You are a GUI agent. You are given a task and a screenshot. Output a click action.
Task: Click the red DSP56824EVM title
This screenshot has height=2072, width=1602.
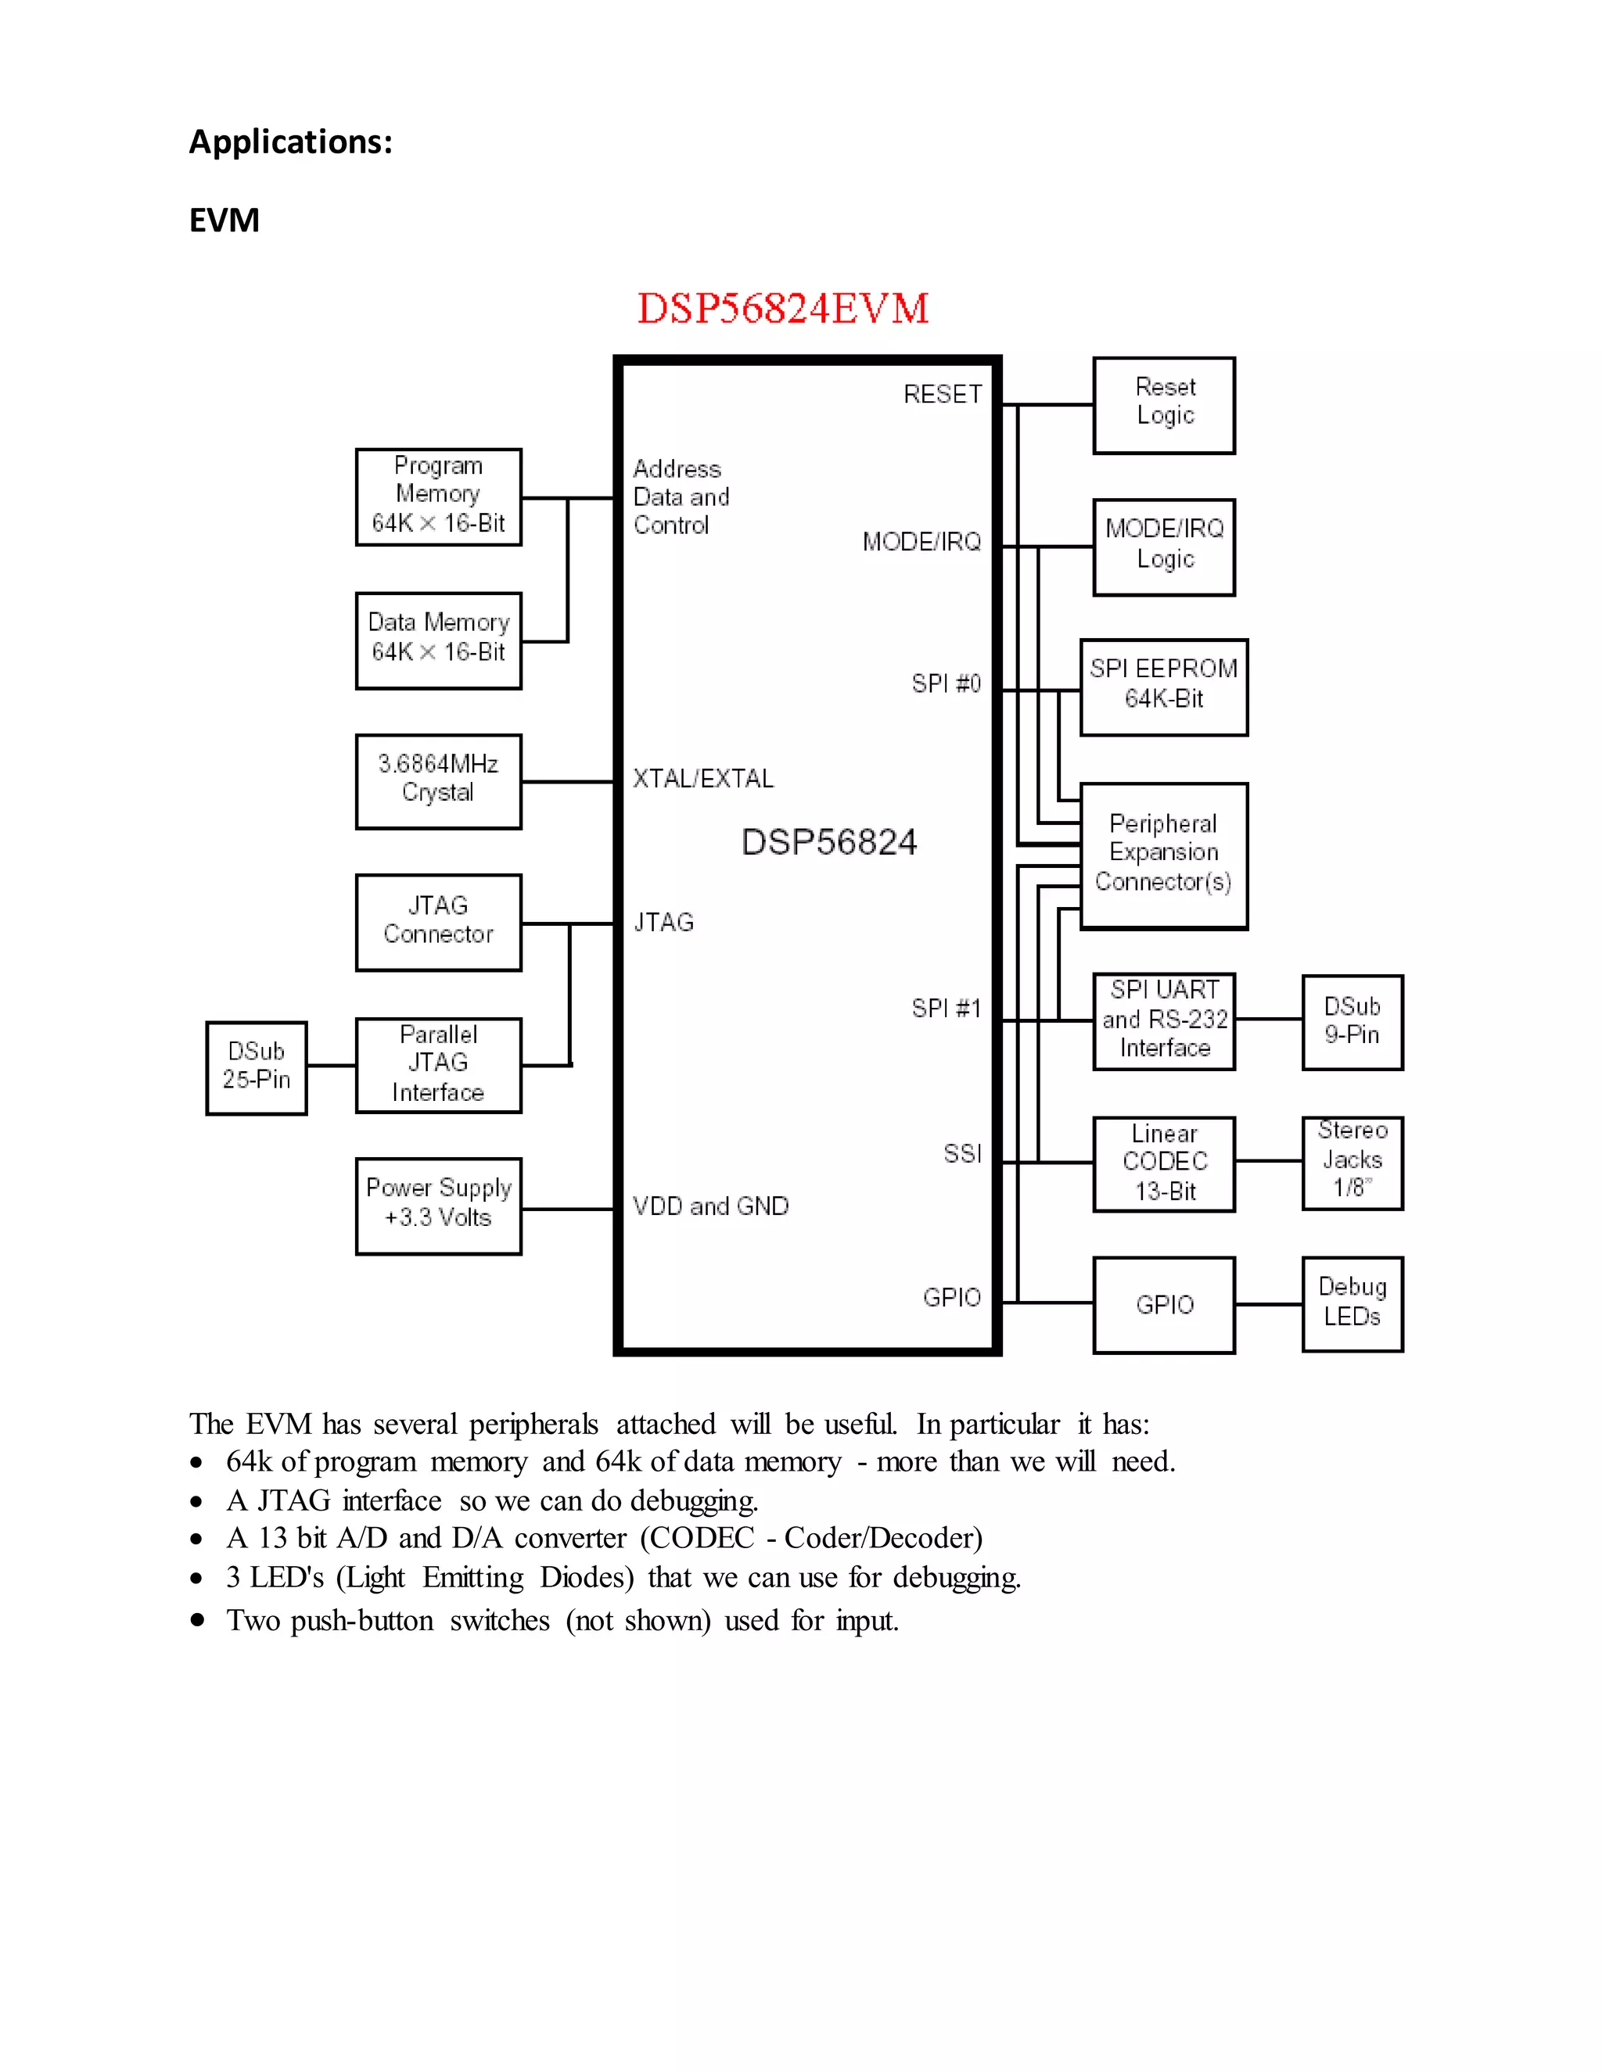[x=782, y=308]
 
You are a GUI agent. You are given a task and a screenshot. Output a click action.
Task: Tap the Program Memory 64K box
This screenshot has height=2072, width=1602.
[x=439, y=497]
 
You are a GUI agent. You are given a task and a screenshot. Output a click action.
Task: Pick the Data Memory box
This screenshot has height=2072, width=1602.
[x=439, y=640]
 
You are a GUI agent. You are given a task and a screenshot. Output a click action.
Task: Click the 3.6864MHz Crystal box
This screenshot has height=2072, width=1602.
[x=439, y=781]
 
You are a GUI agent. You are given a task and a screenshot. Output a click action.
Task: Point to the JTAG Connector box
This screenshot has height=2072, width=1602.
[x=439, y=922]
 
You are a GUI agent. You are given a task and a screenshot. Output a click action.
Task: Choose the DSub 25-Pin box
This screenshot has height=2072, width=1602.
[x=257, y=1067]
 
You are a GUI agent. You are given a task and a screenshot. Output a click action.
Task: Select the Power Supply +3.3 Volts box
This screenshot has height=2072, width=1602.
[x=439, y=1206]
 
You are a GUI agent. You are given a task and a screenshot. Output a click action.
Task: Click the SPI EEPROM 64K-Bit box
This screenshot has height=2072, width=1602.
[x=1163, y=686]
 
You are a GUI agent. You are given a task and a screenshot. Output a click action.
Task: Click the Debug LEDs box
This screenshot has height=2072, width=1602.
[x=1352, y=1303]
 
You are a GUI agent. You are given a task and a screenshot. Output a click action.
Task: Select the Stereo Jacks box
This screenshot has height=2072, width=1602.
[x=1352, y=1162]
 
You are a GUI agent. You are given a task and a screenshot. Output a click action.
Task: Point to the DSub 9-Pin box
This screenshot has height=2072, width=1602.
[x=1352, y=1022]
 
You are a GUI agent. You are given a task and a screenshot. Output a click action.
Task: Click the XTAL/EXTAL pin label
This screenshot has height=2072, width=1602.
[x=703, y=779]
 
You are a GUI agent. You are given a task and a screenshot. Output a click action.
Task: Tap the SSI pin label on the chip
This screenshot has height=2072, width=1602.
[x=961, y=1153]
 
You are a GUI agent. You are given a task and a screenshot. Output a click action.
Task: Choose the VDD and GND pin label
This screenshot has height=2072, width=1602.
[x=711, y=1206]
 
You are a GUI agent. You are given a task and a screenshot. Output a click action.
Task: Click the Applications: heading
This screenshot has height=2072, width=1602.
[x=290, y=142]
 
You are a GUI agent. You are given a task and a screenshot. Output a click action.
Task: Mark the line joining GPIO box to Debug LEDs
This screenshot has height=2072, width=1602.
[x=1269, y=1304]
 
